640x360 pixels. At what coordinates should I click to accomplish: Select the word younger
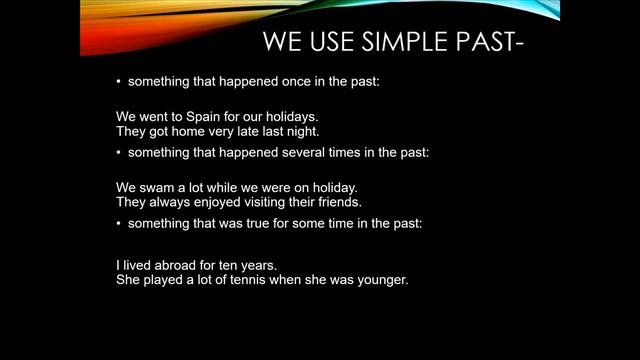coord(382,280)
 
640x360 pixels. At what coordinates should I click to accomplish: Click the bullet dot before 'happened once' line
coord(119,80)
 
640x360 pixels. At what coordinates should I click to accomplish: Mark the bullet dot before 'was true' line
coord(119,223)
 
